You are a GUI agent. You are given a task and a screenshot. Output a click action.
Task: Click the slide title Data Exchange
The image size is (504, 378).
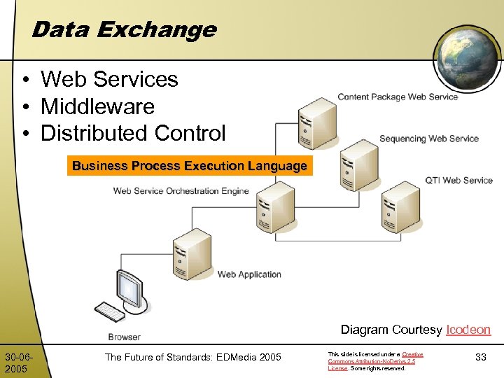(x=124, y=29)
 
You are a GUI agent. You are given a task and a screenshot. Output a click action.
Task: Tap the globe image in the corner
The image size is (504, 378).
(x=465, y=57)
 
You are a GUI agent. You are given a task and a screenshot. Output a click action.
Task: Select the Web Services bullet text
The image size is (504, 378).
(x=109, y=79)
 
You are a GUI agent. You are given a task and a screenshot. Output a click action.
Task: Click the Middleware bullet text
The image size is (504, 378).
(x=97, y=106)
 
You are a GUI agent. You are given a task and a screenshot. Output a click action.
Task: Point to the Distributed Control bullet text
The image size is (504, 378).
(x=133, y=133)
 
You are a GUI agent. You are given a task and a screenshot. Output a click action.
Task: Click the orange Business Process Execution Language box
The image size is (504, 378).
(x=189, y=166)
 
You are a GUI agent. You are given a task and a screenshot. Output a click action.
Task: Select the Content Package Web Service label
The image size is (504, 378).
(x=397, y=97)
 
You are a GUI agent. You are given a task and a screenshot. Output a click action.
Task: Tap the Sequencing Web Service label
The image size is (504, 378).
(x=428, y=139)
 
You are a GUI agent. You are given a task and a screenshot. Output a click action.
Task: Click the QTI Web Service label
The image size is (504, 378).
(x=458, y=180)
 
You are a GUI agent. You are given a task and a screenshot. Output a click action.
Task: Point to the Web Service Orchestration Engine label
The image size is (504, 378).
(x=181, y=190)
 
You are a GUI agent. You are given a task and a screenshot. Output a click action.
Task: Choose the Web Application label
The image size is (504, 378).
(x=249, y=274)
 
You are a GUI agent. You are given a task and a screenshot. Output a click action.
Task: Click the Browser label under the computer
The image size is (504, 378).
(x=124, y=337)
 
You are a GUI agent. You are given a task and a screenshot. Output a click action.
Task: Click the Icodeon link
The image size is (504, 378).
(x=468, y=330)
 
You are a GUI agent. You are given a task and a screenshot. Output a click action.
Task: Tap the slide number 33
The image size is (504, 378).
(x=480, y=357)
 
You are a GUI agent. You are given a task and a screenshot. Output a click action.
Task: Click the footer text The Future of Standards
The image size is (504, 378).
(x=192, y=358)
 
